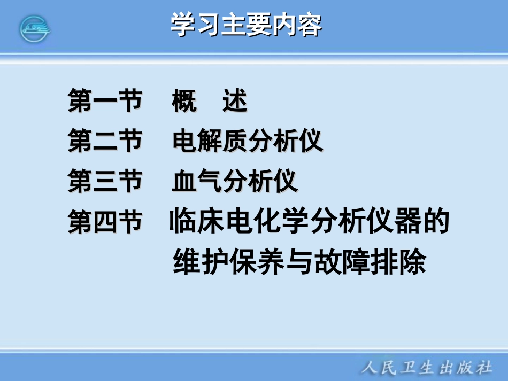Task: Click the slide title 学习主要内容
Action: coord(247,25)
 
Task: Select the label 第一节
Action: coord(105,100)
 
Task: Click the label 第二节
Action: coord(105,141)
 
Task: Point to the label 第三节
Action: coord(105,181)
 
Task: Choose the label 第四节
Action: coord(105,222)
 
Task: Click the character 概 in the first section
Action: coord(184,100)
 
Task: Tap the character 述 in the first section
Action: coord(235,100)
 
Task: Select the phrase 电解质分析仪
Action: coord(248,141)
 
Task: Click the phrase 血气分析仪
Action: coord(235,182)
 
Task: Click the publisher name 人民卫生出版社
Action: coord(426,367)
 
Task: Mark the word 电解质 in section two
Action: coord(210,141)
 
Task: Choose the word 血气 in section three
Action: coord(197,182)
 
